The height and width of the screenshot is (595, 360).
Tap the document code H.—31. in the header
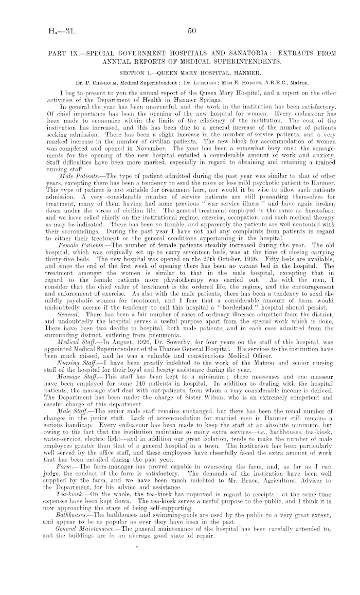click(62, 31)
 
